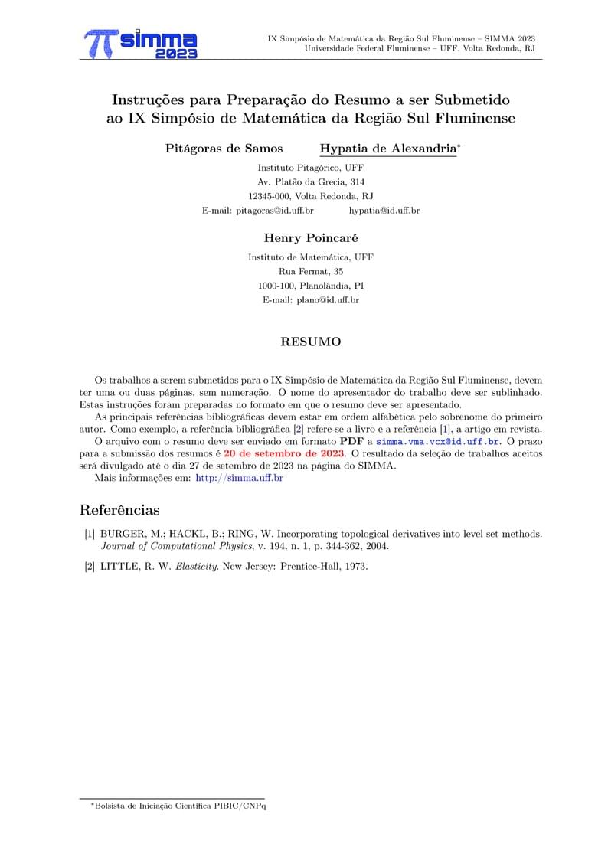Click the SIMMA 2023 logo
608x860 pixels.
click(x=141, y=44)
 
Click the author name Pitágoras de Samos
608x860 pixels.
click(x=224, y=149)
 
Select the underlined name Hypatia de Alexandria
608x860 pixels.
click(x=387, y=149)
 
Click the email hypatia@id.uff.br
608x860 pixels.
click(x=384, y=210)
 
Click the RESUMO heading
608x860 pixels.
click(x=310, y=342)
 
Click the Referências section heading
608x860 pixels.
click(x=119, y=510)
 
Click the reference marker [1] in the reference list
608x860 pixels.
click(x=90, y=533)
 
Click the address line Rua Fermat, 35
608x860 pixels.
click(x=310, y=272)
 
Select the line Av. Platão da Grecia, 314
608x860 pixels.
click(x=310, y=181)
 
